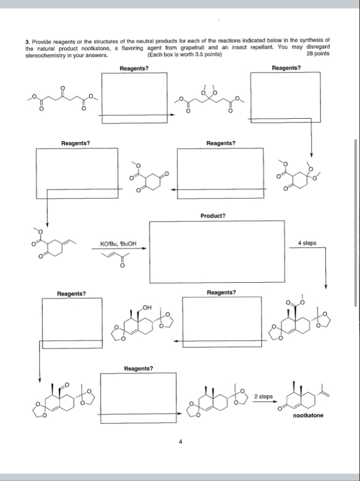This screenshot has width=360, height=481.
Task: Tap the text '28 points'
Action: coord(318,54)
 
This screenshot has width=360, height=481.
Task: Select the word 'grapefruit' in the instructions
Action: coord(206,48)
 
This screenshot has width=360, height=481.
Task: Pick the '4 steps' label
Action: coord(307,243)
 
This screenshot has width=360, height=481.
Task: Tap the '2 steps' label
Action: coord(263,396)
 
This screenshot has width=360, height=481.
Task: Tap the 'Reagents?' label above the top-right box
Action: coord(286,67)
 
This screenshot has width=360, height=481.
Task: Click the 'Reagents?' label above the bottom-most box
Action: coord(138,368)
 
